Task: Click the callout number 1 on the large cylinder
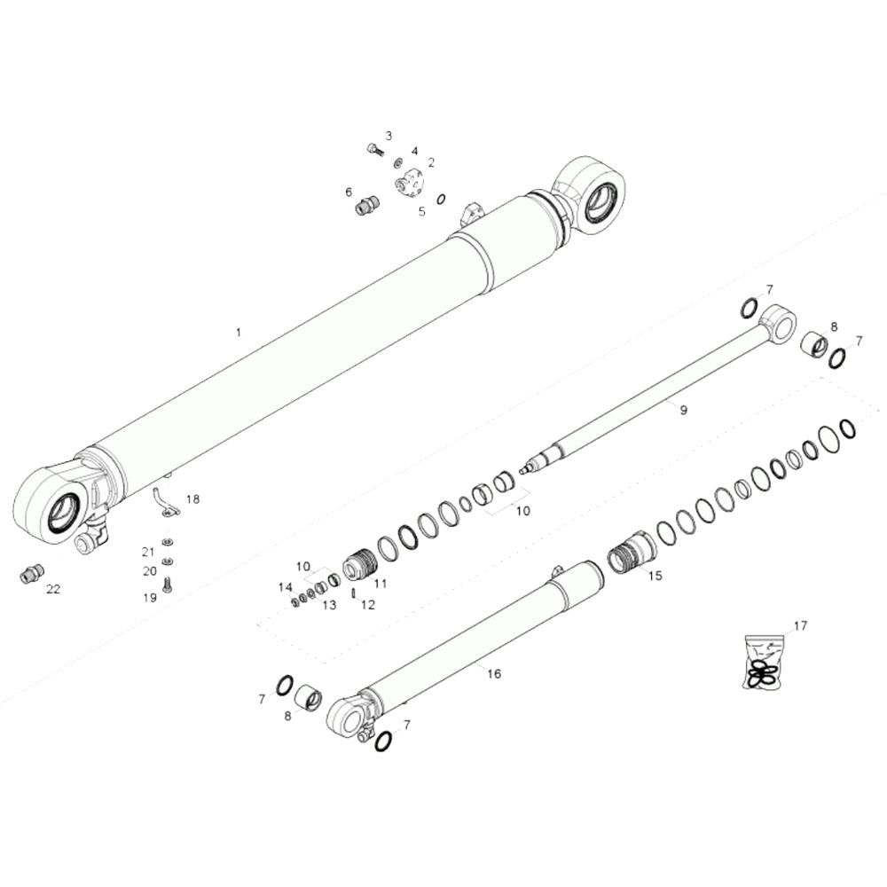coord(238,332)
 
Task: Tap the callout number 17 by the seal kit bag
coord(800,625)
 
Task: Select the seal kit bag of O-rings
coord(763,663)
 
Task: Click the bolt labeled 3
coord(375,149)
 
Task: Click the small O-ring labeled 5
coord(441,199)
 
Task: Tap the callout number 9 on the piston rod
coord(683,410)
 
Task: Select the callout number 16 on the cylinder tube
coord(494,674)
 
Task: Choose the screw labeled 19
coord(167,584)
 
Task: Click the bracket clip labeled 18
coord(166,501)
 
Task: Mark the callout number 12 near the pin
coord(368,605)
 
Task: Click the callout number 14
coord(285,588)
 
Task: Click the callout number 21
coord(147,552)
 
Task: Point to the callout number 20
coord(149,570)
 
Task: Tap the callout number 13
coord(329,605)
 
